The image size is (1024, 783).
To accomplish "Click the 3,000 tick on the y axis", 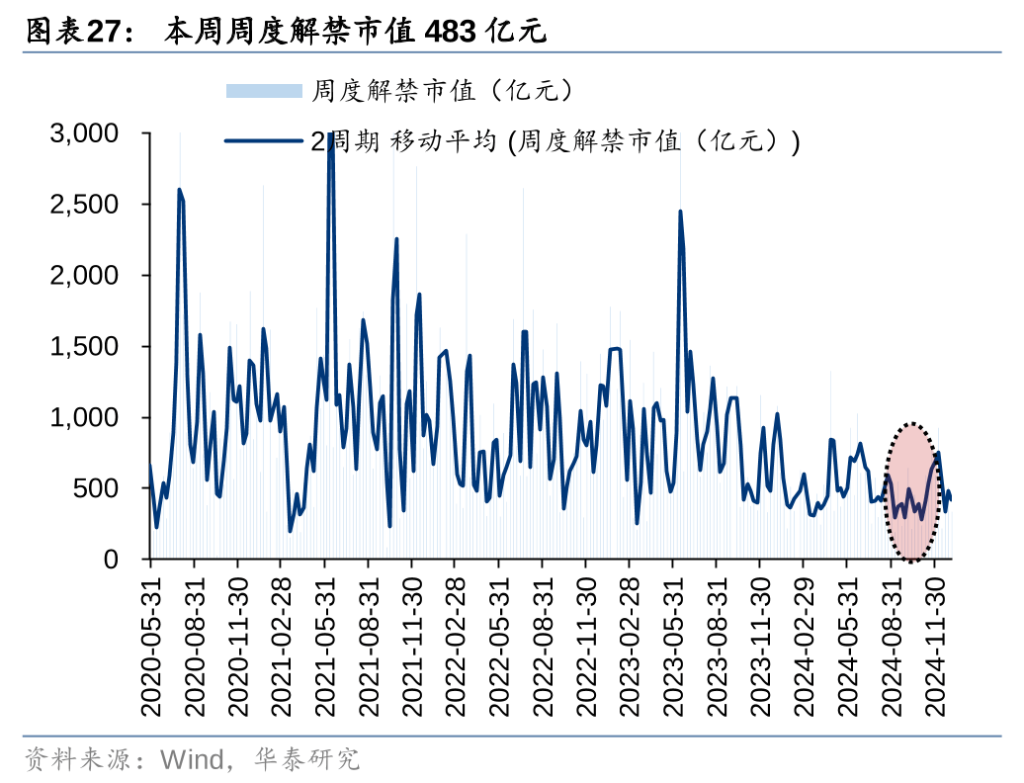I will click(x=84, y=133).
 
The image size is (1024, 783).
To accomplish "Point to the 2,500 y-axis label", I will click(x=84, y=205).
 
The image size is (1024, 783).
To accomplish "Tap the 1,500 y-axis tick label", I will click(x=84, y=347).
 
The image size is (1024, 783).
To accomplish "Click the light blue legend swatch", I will click(x=263, y=92).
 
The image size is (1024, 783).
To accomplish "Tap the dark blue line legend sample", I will click(x=263, y=141).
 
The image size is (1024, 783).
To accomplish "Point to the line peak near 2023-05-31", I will click(x=680, y=212).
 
